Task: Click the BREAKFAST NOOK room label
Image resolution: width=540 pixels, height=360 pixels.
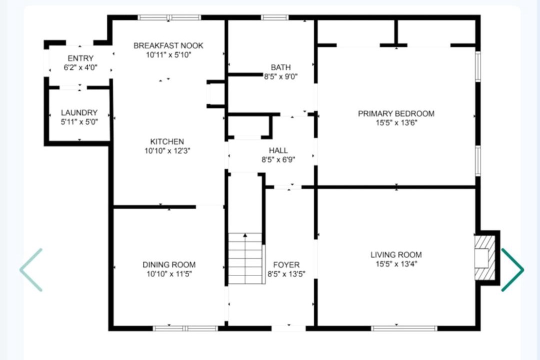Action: click(168, 45)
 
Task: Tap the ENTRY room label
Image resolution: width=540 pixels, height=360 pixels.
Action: click(80, 58)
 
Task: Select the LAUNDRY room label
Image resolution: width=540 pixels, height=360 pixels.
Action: click(79, 112)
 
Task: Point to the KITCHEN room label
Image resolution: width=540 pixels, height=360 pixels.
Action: click(167, 141)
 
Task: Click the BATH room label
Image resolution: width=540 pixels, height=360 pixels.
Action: click(280, 67)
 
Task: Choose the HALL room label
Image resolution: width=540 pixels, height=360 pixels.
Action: click(278, 150)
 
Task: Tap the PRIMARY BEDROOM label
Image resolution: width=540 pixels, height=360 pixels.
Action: click(396, 113)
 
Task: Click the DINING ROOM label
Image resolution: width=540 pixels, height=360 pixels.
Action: click(169, 264)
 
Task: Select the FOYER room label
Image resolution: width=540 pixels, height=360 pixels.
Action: click(286, 264)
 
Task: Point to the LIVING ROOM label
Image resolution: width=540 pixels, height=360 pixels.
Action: click(396, 255)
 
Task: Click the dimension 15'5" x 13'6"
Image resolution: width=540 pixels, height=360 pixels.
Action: click(396, 123)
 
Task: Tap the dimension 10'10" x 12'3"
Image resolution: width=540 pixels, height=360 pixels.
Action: click(167, 151)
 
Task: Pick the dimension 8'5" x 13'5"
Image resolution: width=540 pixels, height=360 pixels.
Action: click(286, 274)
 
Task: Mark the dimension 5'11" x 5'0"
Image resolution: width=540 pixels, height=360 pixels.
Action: click(79, 122)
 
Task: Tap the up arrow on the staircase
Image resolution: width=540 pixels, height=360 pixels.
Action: click(245, 235)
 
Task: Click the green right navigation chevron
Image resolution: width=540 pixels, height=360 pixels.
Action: click(512, 269)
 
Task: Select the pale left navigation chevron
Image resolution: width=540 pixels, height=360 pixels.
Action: click(30, 269)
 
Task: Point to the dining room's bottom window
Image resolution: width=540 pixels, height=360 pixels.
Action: click(185, 328)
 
